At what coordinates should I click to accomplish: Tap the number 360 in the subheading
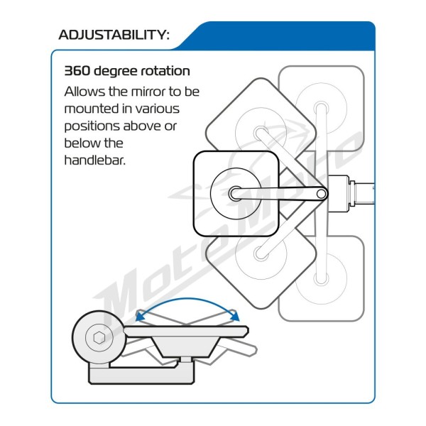tap(77, 71)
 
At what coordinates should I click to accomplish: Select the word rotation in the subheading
tap(165, 71)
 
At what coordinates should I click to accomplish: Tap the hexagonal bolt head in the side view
tap(99, 337)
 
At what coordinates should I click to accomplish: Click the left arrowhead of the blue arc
tap(140, 316)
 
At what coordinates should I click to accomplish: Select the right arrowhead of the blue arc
tap(235, 315)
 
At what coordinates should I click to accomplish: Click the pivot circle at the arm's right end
tap(321, 194)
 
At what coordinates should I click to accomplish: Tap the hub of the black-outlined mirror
tap(235, 194)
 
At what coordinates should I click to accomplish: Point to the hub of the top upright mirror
tap(322, 108)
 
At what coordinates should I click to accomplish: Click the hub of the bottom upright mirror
tap(322, 279)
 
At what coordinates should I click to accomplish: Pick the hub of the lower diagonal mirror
tap(261, 253)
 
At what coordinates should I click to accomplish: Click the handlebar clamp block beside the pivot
tap(338, 193)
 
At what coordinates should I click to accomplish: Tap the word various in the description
tap(158, 109)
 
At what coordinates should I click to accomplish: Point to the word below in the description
tap(80, 143)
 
